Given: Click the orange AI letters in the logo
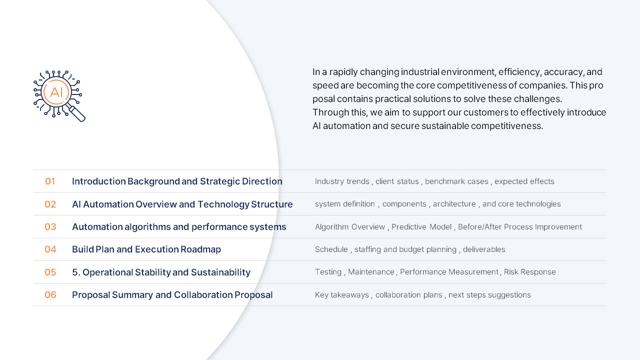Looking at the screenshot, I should (56, 92).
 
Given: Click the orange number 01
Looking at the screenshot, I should (50, 181).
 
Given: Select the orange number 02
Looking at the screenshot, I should (50, 204).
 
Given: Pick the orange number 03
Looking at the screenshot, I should (50, 227).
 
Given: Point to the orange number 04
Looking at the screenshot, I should (50, 249).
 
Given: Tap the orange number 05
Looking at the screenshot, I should (50, 272).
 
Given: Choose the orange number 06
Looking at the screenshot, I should (50, 295).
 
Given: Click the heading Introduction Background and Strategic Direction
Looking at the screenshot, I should (177, 181).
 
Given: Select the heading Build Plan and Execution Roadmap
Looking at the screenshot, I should (146, 249).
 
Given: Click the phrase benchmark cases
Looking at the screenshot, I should (456, 181).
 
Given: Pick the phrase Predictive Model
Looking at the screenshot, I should (421, 227).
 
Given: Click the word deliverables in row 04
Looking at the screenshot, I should (484, 249).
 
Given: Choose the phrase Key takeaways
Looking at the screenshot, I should (342, 295).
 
